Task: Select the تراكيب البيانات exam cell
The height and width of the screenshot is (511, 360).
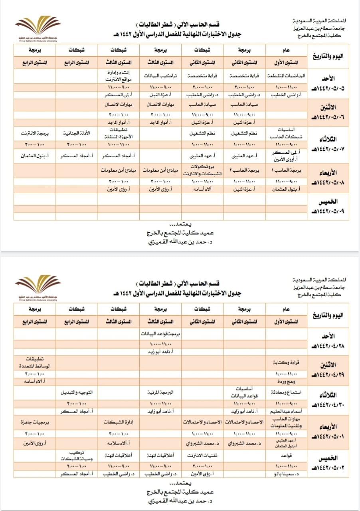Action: (160, 75)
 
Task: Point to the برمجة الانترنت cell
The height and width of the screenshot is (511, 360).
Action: (34, 133)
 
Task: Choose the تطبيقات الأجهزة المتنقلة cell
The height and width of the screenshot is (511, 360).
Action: (119, 133)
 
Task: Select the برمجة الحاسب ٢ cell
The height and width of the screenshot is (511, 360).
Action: (244, 170)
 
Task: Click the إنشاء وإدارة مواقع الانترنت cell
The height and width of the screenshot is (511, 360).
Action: (119, 75)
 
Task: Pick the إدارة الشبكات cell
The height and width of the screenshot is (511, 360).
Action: (119, 422)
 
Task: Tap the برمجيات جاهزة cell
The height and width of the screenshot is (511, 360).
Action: (34, 422)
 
